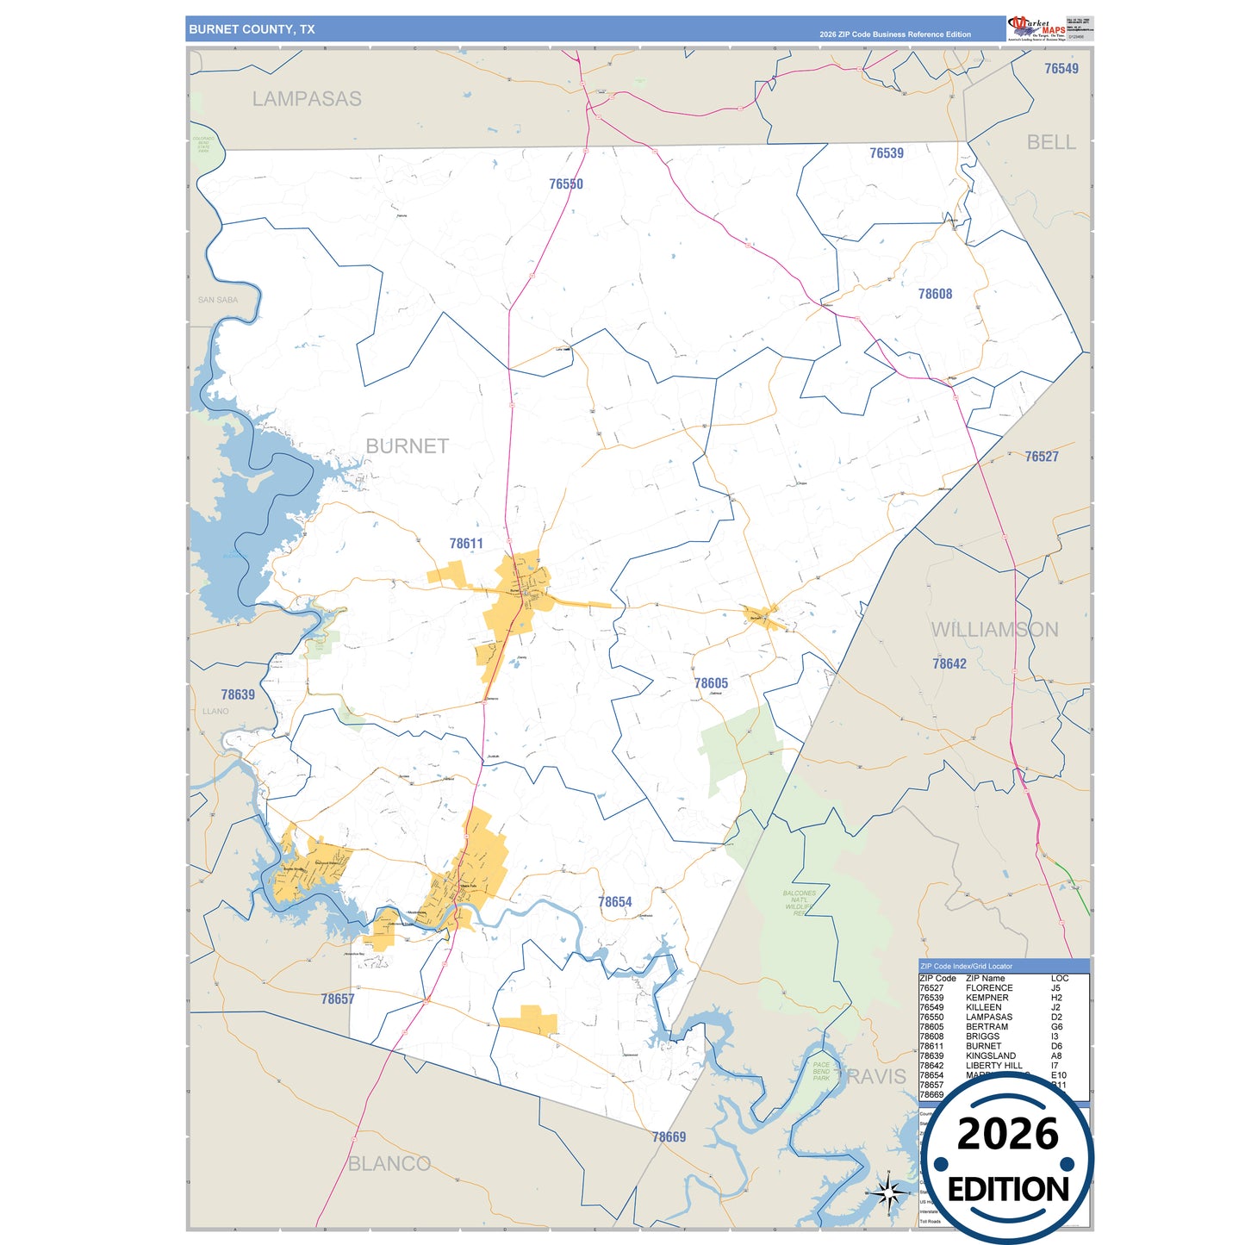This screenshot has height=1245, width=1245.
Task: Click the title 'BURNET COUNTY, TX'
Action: coord(252,29)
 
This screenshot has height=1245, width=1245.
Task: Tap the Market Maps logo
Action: coord(1037,28)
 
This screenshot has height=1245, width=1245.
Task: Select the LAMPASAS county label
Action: coord(307,99)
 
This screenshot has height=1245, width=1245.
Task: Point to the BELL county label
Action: coord(1051,142)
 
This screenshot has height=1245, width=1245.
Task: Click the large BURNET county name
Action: coord(408,446)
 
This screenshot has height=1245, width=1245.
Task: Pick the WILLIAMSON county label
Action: coord(995,630)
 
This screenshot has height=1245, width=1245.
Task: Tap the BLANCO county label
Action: coord(389,1164)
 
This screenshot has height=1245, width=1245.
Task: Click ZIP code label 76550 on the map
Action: coord(566,184)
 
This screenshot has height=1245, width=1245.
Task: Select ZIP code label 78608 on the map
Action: coord(935,295)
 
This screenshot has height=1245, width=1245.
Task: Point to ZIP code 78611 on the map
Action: coord(466,544)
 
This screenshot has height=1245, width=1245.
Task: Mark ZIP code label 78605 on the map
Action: coord(711,683)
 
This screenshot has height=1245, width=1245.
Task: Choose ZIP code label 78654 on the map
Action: coord(615,902)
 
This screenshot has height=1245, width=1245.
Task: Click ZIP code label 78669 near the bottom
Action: coord(669,1137)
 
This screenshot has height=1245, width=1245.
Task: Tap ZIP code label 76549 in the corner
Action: coord(1061,69)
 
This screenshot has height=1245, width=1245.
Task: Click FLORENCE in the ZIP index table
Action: coord(989,988)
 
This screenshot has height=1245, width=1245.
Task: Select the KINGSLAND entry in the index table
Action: coord(991,1055)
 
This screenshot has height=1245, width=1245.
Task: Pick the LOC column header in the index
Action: coord(1060,978)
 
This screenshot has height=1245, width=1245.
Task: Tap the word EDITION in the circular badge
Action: coord(1008,1190)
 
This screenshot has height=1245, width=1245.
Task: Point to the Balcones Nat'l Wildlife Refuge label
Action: coord(799,903)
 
